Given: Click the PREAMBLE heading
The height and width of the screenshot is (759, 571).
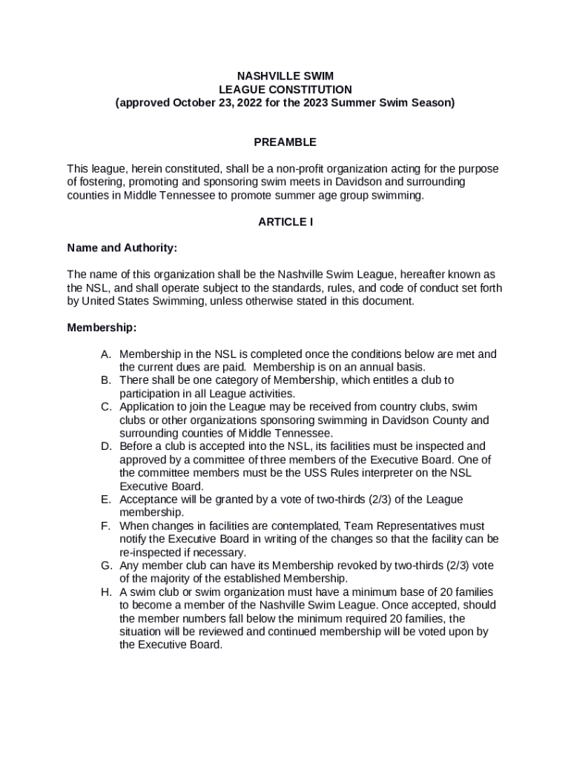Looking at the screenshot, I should click(x=285, y=142).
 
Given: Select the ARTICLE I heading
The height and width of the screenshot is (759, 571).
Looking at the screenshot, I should click(x=285, y=222).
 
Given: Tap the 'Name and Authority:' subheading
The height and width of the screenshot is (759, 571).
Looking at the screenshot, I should click(x=122, y=248).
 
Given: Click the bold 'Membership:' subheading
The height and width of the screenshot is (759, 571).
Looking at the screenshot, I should click(x=102, y=327).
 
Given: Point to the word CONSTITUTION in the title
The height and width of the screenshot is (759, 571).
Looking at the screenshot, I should click(x=310, y=89).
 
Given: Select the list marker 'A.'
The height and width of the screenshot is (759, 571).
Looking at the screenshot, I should click(x=107, y=354).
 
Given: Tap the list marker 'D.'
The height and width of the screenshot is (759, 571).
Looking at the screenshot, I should click(x=107, y=446).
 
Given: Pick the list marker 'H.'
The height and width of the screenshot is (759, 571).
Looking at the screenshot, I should click(x=107, y=591).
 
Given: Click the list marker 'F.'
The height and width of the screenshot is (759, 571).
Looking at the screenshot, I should click(x=107, y=526).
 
